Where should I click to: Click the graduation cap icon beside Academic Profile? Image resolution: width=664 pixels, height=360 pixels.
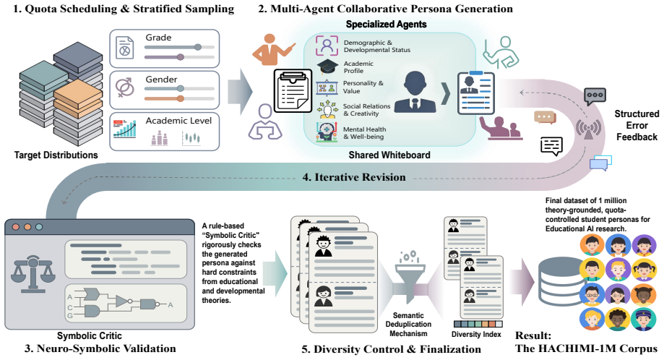tap(327, 67)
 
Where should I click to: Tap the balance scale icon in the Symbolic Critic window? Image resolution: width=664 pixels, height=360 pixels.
tap(33, 275)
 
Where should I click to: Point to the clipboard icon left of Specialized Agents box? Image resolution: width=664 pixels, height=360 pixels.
tap(293, 90)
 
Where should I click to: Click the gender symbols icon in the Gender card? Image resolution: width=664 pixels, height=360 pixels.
tap(125, 88)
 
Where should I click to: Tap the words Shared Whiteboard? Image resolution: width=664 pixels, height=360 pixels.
tap(389, 155)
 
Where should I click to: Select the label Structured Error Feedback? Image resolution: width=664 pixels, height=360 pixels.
tap(637, 125)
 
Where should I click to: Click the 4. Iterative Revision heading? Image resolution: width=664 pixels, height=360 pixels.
tap(353, 177)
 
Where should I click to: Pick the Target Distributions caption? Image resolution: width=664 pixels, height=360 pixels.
tap(56, 155)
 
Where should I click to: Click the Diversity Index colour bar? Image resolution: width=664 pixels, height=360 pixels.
tap(478, 324)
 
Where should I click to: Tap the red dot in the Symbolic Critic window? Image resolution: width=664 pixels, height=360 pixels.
tap(16, 226)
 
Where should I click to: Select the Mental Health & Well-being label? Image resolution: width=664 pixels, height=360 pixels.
tap(364, 133)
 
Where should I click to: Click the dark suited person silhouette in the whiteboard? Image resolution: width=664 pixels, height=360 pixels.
tap(415, 92)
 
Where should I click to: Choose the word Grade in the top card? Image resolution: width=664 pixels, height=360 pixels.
tap(158, 38)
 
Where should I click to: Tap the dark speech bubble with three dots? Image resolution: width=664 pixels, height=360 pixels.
tap(595, 97)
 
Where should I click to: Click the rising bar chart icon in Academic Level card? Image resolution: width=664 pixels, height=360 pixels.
tap(125, 129)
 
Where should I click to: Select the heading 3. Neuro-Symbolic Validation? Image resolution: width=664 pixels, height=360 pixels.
tap(100, 348)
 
